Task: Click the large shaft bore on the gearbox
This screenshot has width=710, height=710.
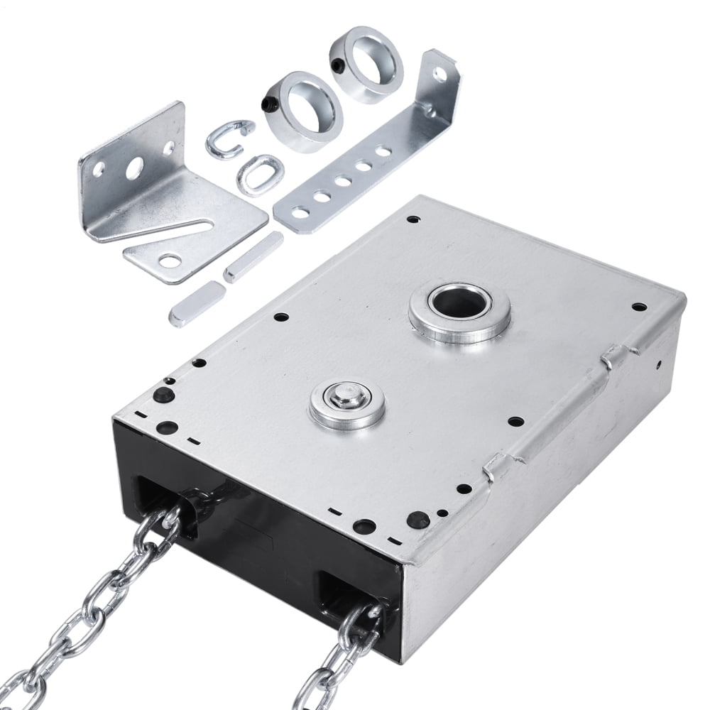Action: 459,303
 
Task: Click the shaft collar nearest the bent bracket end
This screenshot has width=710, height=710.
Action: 366,64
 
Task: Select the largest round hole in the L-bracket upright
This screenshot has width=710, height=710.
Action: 133,168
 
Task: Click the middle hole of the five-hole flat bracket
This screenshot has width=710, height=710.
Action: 344,181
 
